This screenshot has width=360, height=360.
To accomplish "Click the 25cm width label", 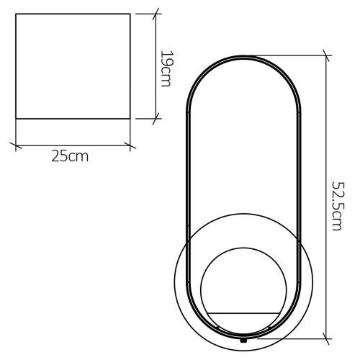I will coord(70,156).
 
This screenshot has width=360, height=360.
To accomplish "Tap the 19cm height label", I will coord(166,68).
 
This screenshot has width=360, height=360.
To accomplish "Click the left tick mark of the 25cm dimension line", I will coord(16,146).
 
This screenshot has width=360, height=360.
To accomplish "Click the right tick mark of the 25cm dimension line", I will coord(130,146).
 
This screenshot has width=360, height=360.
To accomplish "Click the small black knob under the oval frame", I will coord(243,339).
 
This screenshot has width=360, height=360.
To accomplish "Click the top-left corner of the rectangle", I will coord(16,15).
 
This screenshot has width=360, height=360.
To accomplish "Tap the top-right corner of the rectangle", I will coord(130,15).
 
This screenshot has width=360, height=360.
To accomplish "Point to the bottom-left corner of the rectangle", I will coord(16,119).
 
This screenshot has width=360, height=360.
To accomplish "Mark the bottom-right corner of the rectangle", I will coord(130,119).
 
